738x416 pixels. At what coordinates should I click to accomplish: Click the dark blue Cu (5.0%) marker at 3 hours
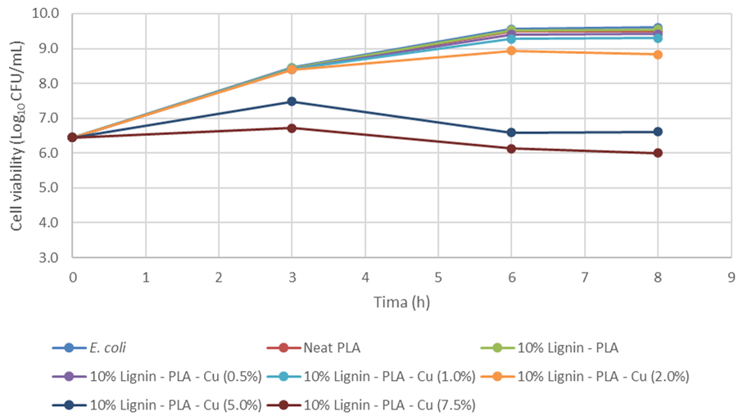click(292, 102)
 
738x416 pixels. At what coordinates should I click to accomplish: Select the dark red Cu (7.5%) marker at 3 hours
click(292, 128)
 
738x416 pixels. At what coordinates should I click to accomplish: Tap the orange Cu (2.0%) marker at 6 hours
click(511, 51)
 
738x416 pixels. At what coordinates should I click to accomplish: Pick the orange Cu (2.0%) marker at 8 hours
click(657, 54)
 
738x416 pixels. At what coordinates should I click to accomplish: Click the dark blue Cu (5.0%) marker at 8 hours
click(657, 132)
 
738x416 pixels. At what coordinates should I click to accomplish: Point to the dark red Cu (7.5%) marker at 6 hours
click(511, 148)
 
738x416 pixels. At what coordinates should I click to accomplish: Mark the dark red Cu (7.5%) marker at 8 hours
click(657, 153)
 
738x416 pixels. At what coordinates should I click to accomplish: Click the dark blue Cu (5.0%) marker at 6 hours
click(511, 133)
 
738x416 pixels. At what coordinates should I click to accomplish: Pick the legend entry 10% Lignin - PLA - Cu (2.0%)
click(601, 376)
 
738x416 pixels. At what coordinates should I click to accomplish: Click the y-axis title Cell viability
click(17, 135)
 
